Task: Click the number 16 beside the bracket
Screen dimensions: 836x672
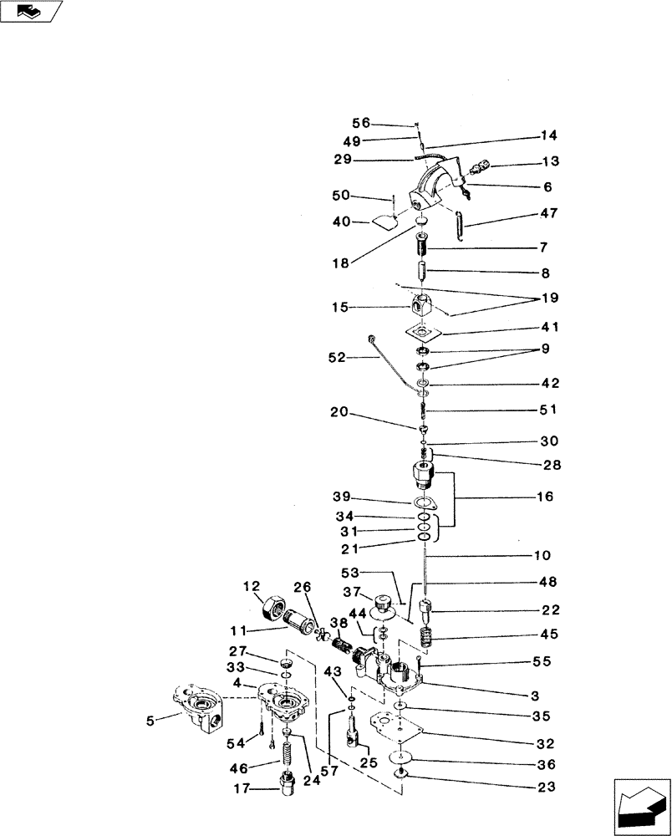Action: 545,497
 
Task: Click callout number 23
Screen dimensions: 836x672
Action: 546,786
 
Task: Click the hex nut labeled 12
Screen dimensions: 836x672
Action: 273,604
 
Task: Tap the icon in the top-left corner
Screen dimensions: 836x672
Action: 31,12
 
